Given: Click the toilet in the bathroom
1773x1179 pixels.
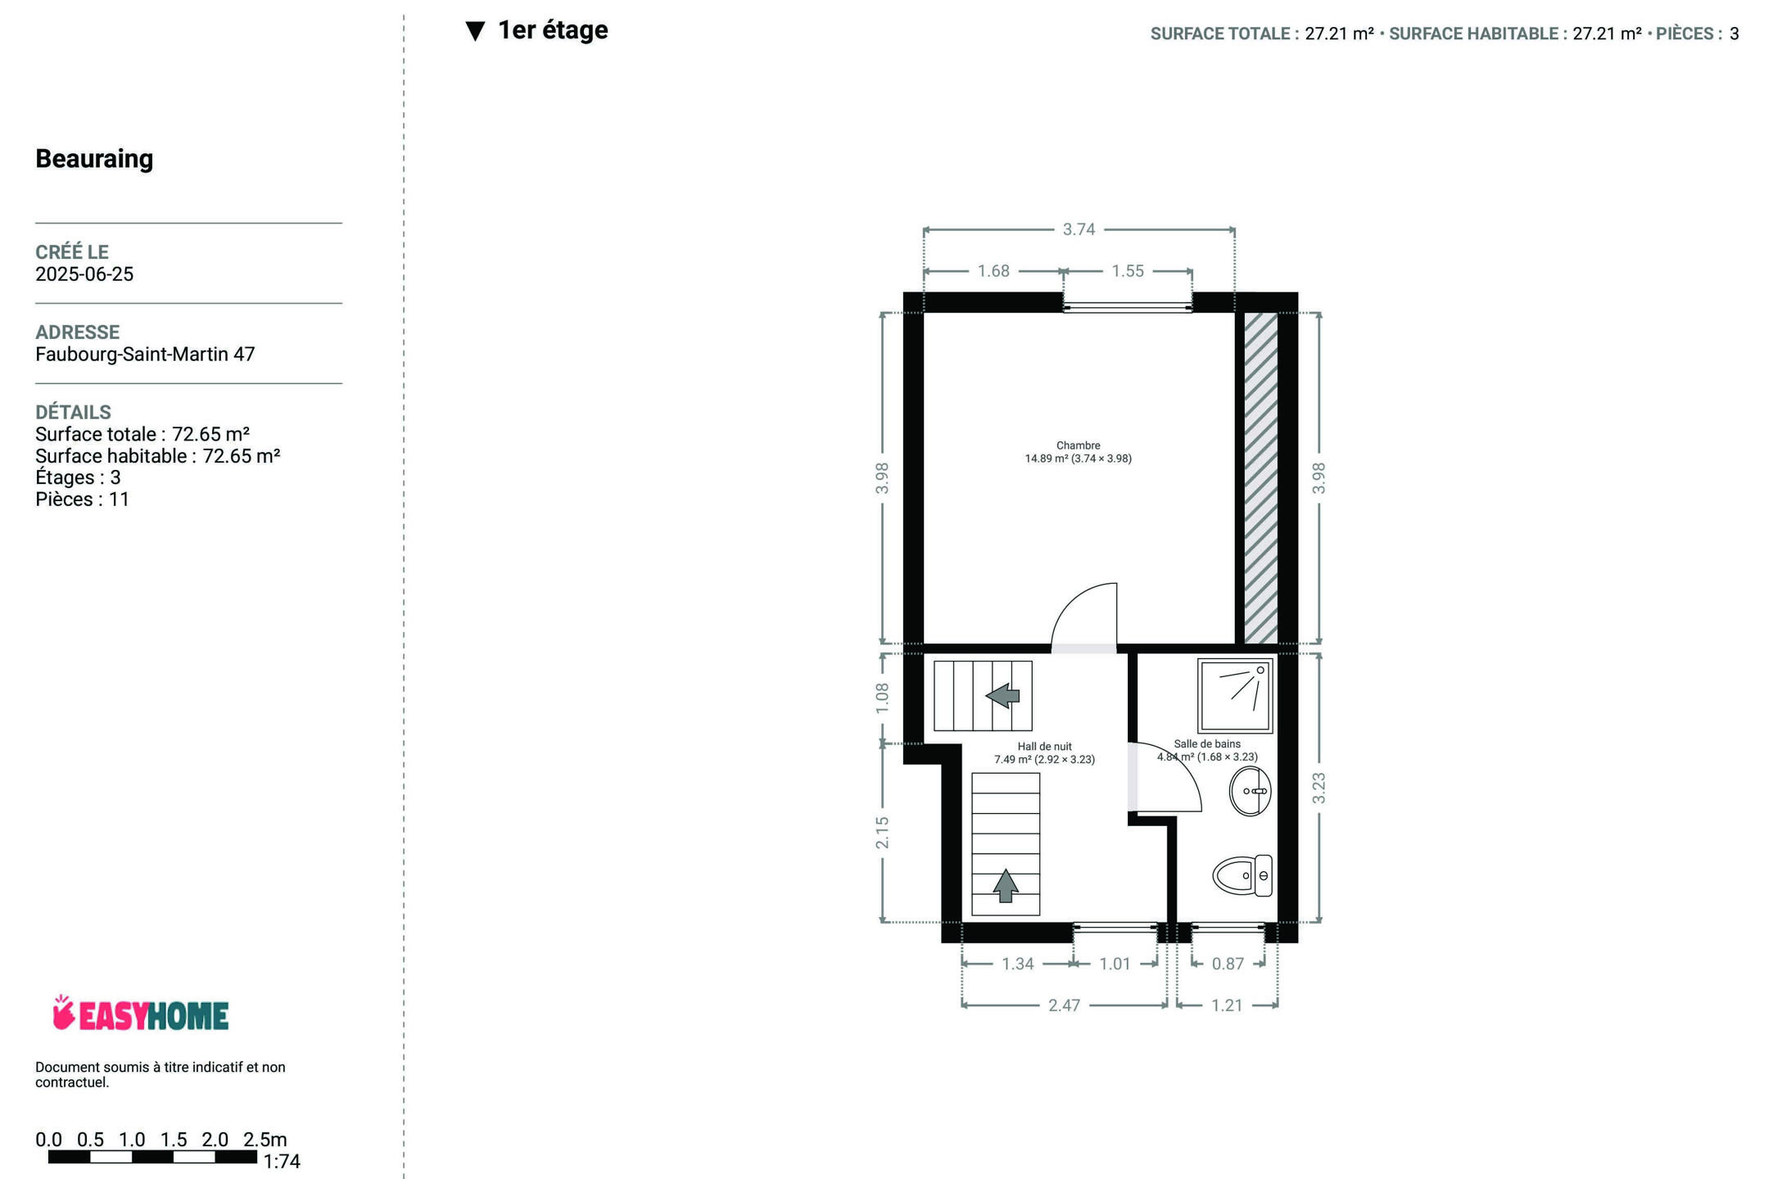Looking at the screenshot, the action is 1242,875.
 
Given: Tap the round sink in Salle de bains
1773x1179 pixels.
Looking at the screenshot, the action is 1250,791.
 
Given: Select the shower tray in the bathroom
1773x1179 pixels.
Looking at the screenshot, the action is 1235,695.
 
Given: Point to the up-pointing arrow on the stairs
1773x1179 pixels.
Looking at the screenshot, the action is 1006,886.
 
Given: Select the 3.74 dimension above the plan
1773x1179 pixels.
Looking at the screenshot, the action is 1079,229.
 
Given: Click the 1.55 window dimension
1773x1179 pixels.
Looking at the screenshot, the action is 1128,271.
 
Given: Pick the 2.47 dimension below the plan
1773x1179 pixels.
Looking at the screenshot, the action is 1065,1005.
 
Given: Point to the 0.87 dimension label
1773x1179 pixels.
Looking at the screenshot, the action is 1228,964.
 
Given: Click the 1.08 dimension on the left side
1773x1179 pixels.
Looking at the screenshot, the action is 882,698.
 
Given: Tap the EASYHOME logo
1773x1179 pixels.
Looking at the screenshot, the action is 141,1014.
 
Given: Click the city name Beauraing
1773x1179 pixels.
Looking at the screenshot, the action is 94,159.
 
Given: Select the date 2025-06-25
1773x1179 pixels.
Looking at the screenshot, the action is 84,274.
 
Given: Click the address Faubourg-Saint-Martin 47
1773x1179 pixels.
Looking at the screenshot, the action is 145,355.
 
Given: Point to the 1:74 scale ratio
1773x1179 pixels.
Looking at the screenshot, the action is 282,1162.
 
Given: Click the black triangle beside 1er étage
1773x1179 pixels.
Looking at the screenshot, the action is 475,31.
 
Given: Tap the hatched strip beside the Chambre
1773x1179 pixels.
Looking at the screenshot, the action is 1261,477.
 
